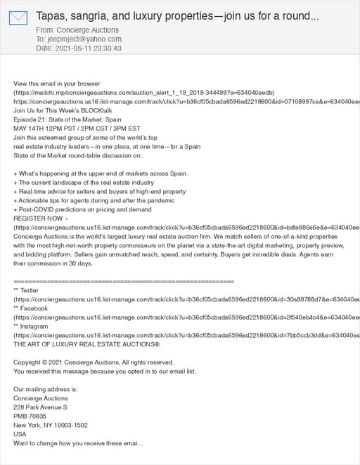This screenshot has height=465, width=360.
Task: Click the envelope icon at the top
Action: pyautogui.click(x=18, y=18)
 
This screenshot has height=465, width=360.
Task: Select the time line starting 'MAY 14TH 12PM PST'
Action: pyautogui.click(x=77, y=128)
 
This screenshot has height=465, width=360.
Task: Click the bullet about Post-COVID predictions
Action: pyautogui.click(x=82, y=209)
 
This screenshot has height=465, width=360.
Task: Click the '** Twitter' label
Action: pyautogui.click(x=27, y=290)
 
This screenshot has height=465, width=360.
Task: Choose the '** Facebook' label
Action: pyautogui.click(x=30, y=308)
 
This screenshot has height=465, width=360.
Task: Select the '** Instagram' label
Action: pyautogui.click(x=31, y=327)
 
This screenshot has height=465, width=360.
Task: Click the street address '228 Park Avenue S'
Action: pyautogui.click(x=40, y=407)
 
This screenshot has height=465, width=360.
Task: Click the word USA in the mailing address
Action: pyautogui.click(x=20, y=434)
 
